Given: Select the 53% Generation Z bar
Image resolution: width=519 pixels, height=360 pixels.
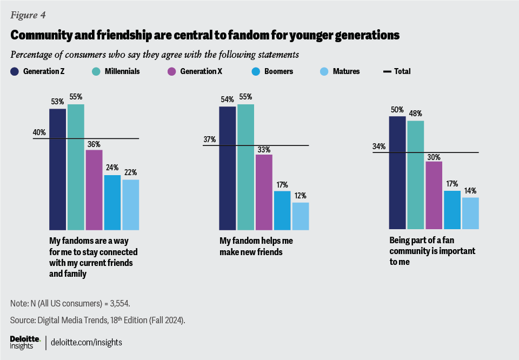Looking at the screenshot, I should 57,169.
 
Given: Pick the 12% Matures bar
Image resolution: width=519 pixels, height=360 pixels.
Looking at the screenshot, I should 301,216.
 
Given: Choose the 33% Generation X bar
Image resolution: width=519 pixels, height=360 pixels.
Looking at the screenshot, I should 264,192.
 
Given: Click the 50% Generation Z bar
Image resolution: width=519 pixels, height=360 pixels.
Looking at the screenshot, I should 397,172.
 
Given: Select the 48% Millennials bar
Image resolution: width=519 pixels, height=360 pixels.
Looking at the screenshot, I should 416,175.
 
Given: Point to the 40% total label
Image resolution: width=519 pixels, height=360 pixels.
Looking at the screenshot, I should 39,132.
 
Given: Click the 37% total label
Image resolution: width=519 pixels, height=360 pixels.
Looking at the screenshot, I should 209,139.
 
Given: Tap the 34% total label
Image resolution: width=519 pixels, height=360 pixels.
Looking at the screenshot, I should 379,146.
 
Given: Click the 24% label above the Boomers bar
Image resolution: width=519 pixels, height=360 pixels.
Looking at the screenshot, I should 112,168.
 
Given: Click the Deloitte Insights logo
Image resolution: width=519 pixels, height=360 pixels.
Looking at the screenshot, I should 25,342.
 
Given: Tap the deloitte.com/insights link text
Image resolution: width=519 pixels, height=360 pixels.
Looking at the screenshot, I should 86,342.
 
